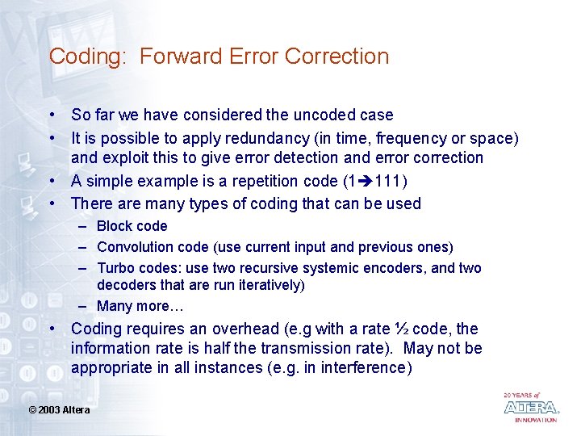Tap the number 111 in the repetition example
click(389, 180)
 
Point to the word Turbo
click(115, 268)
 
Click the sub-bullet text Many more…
click(128, 306)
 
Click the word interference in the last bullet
click(364, 367)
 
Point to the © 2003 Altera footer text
click(60, 410)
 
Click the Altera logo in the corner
click(530, 408)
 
